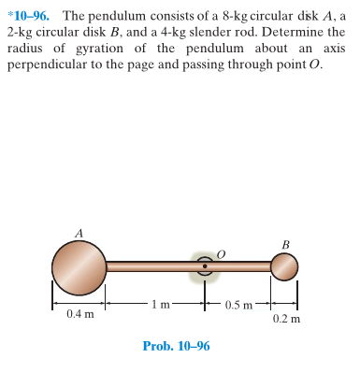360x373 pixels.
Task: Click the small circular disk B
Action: click(x=284, y=267)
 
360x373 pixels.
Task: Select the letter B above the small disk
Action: click(x=284, y=245)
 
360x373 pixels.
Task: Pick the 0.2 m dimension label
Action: click(x=286, y=318)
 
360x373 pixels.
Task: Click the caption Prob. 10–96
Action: click(x=176, y=346)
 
